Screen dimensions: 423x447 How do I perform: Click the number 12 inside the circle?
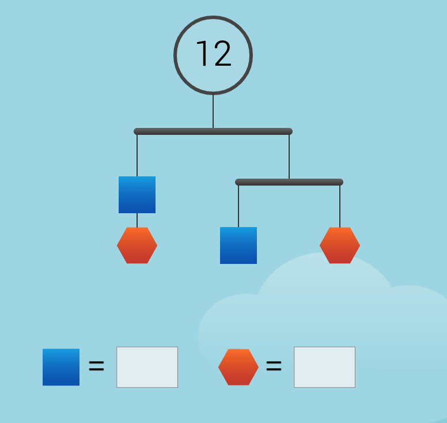coord(213,55)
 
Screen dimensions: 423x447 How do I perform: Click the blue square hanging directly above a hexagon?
coord(137,195)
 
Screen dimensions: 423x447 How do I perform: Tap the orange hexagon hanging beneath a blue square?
coord(137,246)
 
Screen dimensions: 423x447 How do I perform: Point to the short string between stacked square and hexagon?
coord(137,220)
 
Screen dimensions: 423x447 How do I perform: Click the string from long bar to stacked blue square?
coord(137,156)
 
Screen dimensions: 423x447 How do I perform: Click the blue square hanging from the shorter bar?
coord(238,246)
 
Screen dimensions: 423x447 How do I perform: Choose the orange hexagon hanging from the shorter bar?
coord(340,246)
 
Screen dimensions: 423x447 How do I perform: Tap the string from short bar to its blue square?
coord(238,206)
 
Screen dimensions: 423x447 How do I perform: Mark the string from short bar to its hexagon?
coord(340,206)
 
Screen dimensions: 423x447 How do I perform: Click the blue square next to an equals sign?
coord(61,367)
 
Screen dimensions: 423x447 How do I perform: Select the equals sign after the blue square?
coord(96,366)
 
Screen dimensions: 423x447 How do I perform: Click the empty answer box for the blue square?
coord(147,367)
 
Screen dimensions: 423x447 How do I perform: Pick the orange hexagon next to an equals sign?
coord(238,367)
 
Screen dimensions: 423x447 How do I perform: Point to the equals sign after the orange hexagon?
coord(274,366)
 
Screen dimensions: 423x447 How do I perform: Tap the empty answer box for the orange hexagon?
coord(324,367)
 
